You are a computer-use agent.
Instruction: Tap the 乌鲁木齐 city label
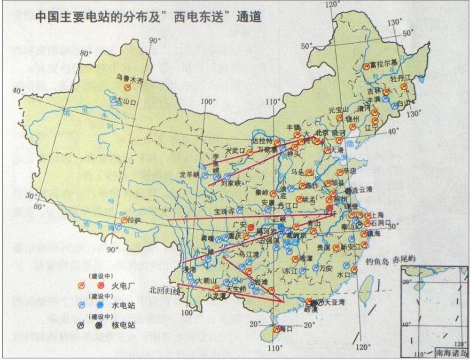coord(129,78)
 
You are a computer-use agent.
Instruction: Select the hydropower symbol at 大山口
coord(113,100)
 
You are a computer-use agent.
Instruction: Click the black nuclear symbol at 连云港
coord(348,191)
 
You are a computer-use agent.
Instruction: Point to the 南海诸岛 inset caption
coord(451,352)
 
